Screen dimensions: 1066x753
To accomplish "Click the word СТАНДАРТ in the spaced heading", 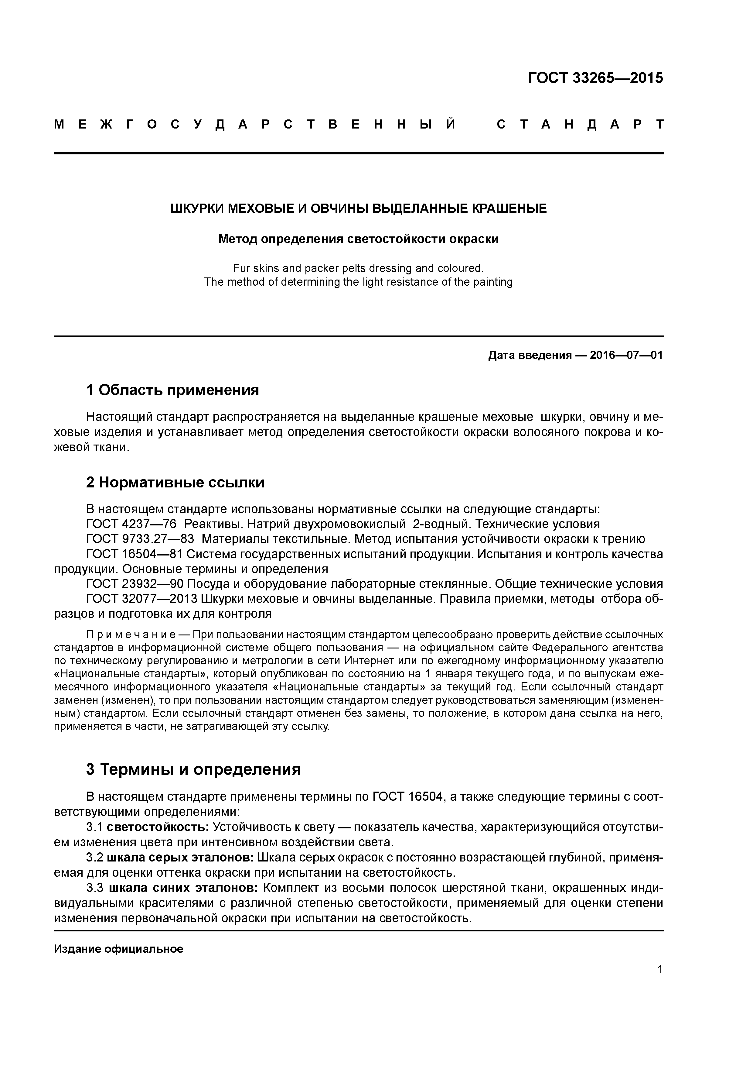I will [580, 124].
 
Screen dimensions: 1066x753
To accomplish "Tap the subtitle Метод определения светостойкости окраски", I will [359, 239].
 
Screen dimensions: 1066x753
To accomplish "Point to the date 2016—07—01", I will [626, 356].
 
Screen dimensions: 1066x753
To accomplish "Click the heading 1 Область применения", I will [172, 390].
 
